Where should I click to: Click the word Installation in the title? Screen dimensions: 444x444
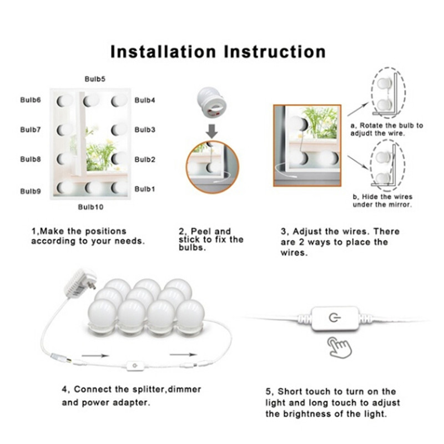click(x=163, y=52)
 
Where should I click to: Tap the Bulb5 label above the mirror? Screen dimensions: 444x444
click(x=95, y=79)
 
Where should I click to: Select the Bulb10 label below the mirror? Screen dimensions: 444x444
click(x=90, y=207)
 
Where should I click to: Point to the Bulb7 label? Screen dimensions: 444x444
click(x=31, y=130)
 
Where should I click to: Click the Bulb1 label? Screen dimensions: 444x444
click(x=145, y=189)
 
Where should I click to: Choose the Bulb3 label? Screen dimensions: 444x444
click(x=145, y=130)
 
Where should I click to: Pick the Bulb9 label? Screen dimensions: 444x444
click(x=31, y=191)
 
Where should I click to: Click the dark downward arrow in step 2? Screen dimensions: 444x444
click(x=211, y=131)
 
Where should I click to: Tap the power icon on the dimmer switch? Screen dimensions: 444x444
click(x=335, y=317)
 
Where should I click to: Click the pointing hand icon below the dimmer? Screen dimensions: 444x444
click(x=339, y=347)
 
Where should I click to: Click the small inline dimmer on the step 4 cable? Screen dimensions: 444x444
click(x=135, y=366)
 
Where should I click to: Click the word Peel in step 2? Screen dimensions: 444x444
click(x=201, y=231)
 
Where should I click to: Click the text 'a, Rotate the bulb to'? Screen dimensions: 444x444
click(x=387, y=125)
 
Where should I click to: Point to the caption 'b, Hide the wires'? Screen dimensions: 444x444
click(x=382, y=196)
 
